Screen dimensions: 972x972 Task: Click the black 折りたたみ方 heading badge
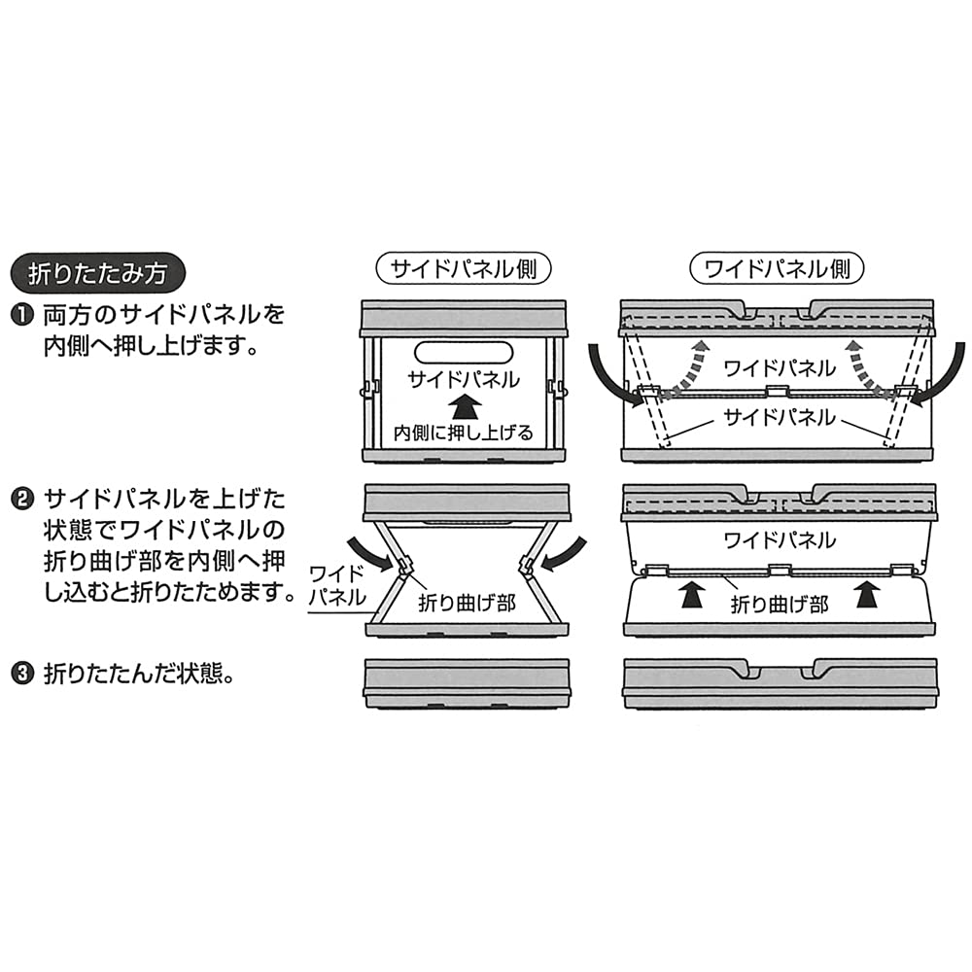click(x=98, y=273)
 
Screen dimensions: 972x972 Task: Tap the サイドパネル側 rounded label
click(x=464, y=269)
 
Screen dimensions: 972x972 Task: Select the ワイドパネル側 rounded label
click(x=777, y=269)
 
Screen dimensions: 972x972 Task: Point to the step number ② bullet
click(x=22, y=499)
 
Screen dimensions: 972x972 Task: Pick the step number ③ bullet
click(x=22, y=673)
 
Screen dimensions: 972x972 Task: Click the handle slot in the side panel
click(x=464, y=352)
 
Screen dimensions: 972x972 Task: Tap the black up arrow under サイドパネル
click(x=465, y=410)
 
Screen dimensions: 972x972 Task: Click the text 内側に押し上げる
click(x=464, y=433)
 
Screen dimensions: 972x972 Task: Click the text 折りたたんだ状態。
click(x=140, y=674)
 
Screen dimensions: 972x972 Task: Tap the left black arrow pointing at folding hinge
click(x=370, y=554)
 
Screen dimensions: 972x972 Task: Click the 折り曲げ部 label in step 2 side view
click(x=467, y=603)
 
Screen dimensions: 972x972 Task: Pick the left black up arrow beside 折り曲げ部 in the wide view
click(x=692, y=595)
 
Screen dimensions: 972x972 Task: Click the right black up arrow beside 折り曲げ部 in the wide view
click(x=867, y=595)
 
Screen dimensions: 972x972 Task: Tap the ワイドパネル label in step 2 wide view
click(x=780, y=540)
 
